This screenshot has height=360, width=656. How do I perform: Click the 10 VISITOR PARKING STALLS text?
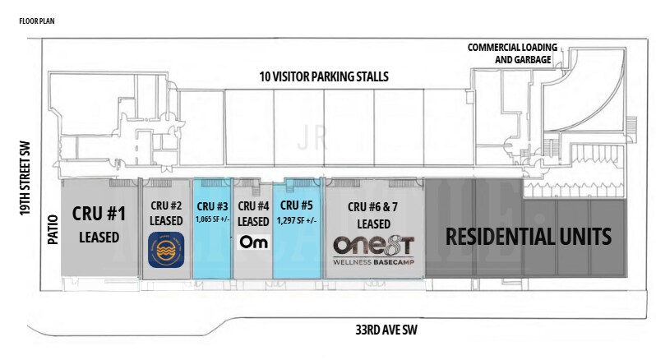pos(325,77)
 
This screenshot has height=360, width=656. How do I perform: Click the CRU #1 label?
pos(99,215)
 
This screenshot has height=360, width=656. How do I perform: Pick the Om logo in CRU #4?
pos(252,242)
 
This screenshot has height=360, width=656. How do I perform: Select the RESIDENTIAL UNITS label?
pos(529,237)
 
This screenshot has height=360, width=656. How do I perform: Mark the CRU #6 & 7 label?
pos(375,207)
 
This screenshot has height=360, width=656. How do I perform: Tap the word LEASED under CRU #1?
pos(99,238)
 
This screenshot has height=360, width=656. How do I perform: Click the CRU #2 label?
pos(166,205)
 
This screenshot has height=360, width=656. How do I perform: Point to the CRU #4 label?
pos(253,205)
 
